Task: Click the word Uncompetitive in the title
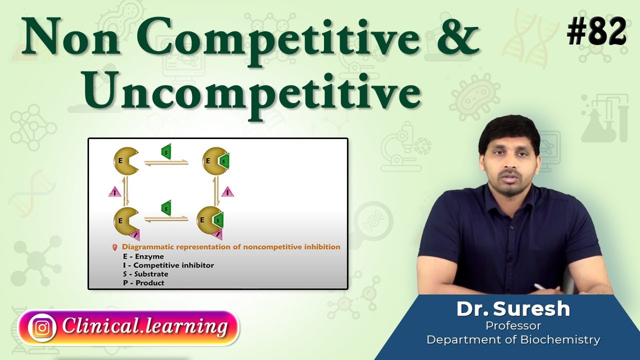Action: point(251,93)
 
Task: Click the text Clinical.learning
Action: point(144,327)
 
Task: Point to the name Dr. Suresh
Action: point(513,309)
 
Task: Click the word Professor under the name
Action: point(513,326)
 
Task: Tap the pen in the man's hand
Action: point(540,287)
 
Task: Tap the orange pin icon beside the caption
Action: point(115,247)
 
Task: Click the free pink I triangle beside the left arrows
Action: point(114,191)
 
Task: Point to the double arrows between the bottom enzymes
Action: point(166,218)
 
